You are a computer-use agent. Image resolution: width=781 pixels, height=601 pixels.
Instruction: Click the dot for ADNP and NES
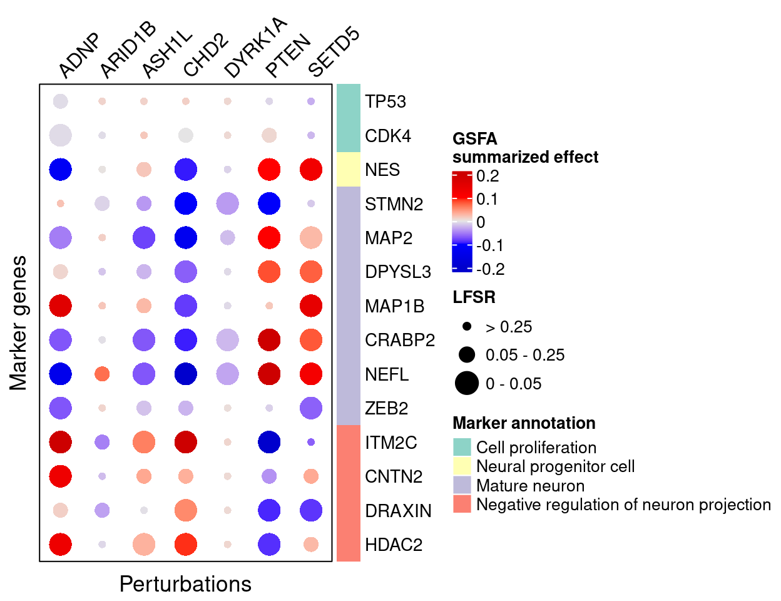[60, 170]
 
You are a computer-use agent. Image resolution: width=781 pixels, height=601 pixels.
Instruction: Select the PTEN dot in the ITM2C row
[269, 442]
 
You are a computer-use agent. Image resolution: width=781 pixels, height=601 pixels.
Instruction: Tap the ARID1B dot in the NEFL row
[102, 374]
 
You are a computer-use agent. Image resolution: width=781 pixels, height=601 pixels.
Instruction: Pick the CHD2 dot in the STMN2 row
[186, 203]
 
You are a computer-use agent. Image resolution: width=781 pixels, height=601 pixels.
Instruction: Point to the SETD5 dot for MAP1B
[311, 306]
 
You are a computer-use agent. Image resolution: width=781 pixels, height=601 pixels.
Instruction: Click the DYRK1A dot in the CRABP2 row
[227, 340]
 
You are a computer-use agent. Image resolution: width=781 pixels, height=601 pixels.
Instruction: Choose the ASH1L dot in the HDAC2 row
[144, 544]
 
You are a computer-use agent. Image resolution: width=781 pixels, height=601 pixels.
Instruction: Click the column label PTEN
[287, 56]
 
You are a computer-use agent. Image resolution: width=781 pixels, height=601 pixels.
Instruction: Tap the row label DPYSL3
[398, 272]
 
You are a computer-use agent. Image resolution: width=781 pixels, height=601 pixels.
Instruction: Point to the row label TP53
[385, 102]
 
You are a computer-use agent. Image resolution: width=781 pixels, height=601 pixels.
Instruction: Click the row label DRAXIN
[398, 511]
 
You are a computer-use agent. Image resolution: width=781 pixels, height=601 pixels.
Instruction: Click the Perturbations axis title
[185, 584]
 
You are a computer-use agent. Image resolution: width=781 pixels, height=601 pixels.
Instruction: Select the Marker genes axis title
[19, 323]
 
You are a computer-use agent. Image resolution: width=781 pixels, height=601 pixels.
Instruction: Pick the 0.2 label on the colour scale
[487, 177]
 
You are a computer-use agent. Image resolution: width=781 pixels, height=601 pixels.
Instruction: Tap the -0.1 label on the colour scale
[490, 245]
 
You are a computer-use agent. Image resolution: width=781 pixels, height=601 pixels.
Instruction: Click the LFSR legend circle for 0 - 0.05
[467, 383]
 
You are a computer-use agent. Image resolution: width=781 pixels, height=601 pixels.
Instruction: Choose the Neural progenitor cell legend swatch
[462, 466]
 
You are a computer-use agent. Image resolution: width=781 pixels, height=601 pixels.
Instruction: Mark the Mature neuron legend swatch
[462, 485]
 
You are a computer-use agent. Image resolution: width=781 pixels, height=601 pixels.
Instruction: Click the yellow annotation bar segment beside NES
[349, 170]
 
